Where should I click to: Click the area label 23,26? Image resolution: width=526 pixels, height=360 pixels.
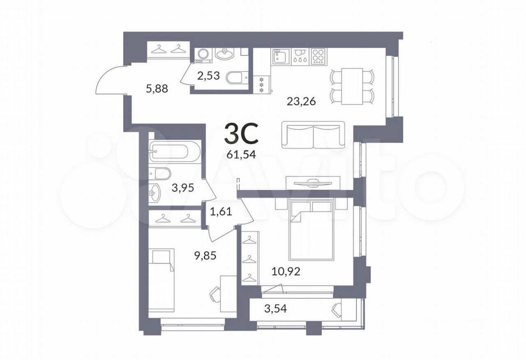tap(301, 102)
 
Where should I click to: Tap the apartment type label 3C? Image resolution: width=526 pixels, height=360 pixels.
tap(241, 134)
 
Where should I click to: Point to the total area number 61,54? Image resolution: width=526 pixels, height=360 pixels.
tap(241, 155)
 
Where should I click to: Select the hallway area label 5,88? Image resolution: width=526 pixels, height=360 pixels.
tap(157, 89)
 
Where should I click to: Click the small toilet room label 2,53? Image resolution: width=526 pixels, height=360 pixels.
tap(208, 76)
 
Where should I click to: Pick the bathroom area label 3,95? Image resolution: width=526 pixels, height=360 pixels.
tap(183, 188)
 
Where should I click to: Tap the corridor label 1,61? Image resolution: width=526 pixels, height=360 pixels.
tap(221, 212)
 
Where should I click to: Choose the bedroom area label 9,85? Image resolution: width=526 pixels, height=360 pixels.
tap(205, 256)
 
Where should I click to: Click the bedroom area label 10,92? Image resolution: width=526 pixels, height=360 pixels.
tap(286, 272)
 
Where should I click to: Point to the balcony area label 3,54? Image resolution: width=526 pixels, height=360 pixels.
tap(275, 309)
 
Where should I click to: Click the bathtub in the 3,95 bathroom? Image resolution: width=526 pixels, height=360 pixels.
tap(175, 151)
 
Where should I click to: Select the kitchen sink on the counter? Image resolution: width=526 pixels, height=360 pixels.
tap(281, 57)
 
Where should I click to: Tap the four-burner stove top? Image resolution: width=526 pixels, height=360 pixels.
tap(318, 56)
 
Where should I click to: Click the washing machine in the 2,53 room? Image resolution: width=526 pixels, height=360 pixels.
tap(203, 55)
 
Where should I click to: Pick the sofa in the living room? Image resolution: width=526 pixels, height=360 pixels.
tap(313, 135)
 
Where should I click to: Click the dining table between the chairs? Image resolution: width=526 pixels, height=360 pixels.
tap(352, 86)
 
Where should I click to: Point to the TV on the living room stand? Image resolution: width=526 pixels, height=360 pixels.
tap(312, 184)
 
